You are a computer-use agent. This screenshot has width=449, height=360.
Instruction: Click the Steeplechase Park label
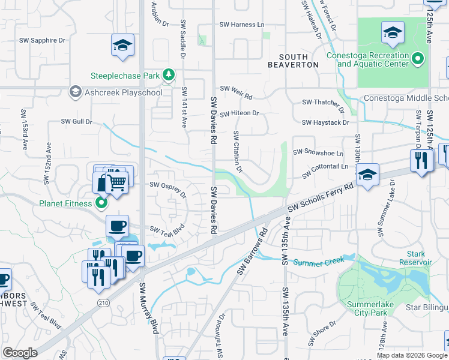coord(125,76)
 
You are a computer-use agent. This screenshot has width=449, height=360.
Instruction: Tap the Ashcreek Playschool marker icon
coord(75,92)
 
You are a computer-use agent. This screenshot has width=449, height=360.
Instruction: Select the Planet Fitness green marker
coord(101,203)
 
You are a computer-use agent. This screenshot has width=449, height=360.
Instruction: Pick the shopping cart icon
coord(118,181)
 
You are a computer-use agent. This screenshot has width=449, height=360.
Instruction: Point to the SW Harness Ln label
coord(242,25)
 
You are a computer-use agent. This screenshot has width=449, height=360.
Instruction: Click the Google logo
coord(20,353)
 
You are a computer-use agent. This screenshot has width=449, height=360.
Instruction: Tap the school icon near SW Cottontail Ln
coord(366,175)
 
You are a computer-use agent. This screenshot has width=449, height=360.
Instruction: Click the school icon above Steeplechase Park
coord(122,46)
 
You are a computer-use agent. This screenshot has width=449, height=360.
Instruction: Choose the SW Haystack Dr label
coord(325,122)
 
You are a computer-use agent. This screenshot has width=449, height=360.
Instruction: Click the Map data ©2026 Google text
coord(411,355)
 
